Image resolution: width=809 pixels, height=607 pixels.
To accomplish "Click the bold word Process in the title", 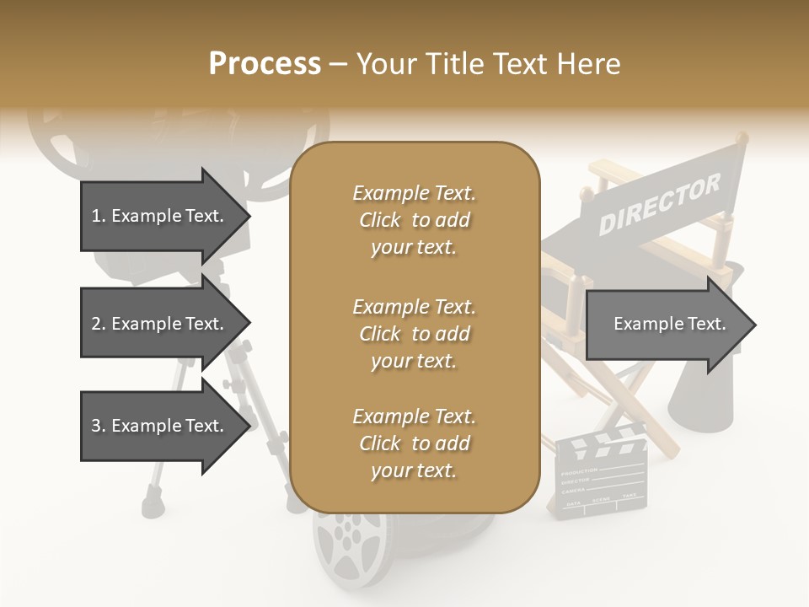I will point(265,64).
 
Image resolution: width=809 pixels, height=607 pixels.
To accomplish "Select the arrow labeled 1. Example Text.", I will point(158,216).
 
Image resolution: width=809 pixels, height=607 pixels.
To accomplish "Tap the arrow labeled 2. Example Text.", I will point(158,324).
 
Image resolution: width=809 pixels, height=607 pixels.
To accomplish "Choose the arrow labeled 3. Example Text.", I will point(158,426).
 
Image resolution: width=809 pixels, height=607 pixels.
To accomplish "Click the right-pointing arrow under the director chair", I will point(670,325).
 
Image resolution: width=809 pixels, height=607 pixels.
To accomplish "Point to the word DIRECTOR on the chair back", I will point(659,205).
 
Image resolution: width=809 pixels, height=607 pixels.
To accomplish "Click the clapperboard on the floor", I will point(600,477).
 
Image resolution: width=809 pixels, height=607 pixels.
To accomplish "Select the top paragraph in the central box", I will point(414,220).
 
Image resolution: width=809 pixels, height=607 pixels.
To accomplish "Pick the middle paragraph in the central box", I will point(414,334).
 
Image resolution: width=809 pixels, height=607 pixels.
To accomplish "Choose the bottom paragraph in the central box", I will point(414,443).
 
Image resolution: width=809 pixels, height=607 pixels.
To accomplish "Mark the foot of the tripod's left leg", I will point(153,505).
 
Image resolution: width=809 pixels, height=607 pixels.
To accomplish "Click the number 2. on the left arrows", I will point(99,324).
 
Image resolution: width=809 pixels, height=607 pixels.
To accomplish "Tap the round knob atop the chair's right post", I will point(741,136).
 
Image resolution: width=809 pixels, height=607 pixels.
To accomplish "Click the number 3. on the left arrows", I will point(99,426).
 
